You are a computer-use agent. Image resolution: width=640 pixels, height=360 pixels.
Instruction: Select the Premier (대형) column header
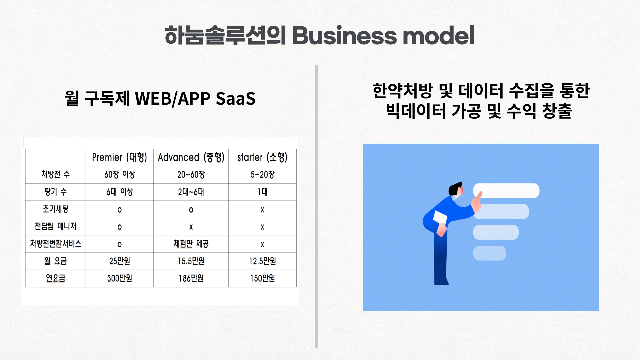[120, 157]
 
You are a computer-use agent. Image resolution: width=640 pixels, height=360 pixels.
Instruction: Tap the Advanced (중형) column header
[191, 157]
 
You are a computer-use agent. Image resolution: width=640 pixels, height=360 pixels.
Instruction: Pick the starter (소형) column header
[262, 157]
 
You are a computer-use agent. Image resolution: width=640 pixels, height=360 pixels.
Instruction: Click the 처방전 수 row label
[56, 174]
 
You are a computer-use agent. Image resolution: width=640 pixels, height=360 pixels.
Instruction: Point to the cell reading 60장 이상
[120, 174]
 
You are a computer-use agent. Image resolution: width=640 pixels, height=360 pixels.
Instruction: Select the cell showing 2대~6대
[191, 192]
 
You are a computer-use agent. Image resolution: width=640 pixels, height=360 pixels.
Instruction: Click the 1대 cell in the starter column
[262, 192]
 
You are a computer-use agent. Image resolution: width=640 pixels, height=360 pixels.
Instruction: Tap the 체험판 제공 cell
[191, 244]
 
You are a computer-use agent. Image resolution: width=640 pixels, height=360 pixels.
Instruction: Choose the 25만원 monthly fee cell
[120, 261]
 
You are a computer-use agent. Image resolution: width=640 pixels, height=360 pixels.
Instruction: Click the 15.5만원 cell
[191, 261]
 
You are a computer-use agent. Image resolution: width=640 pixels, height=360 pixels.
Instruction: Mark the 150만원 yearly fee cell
[262, 278]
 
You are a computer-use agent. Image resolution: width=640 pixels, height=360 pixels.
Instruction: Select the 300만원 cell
[120, 278]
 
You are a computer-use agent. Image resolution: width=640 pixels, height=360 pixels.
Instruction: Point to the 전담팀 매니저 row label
[56, 226]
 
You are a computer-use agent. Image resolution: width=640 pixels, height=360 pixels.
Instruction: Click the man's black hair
[455, 189]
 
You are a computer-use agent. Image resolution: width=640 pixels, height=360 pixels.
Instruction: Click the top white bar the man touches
[506, 191]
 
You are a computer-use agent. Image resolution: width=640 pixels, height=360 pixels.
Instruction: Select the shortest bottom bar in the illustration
[490, 253]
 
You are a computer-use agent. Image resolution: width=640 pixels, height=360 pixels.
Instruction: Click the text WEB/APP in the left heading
[173, 98]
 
